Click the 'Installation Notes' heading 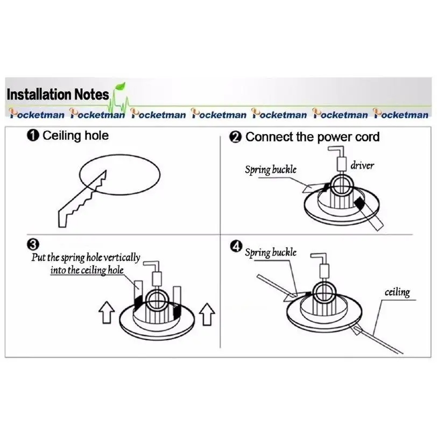(58, 95)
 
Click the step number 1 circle (33, 136)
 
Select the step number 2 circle (235, 137)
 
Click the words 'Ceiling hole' (75, 136)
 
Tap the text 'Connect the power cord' (312, 137)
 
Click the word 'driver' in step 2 (362, 165)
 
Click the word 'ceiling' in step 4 (397, 292)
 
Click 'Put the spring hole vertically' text (86, 257)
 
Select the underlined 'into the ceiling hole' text (87, 270)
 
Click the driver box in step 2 (341, 164)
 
